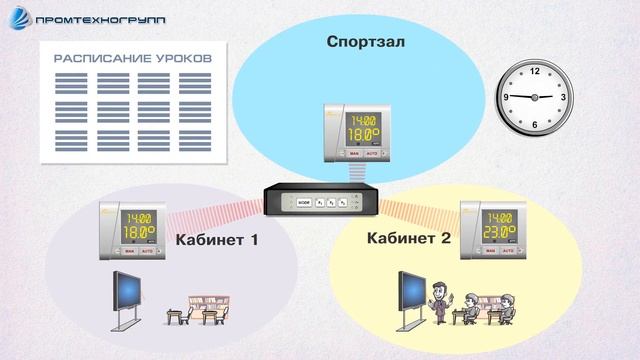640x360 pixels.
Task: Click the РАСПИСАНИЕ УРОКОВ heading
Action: click(x=133, y=59)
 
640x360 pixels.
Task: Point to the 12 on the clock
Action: click(x=534, y=71)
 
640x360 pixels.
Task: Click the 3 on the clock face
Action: click(x=563, y=97)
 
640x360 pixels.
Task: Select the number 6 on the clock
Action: click(x=535, y=123)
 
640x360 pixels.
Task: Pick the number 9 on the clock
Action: click(x=507, y=97)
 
